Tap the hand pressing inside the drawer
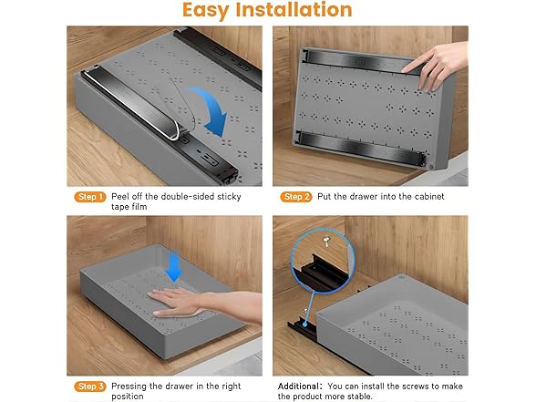click(x=187, y=304)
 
